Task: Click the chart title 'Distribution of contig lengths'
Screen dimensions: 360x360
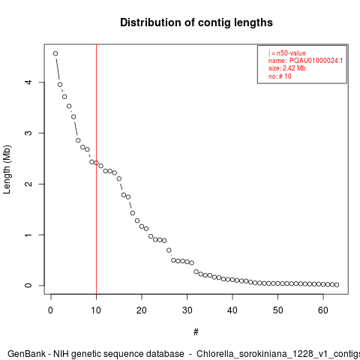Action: (196, 22)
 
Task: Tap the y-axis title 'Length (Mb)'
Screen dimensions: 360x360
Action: (7, 169)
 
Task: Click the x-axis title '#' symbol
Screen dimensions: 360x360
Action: (196, 332)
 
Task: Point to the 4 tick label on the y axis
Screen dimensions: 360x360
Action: (28, 82)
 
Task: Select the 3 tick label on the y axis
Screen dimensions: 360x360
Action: (28, 133)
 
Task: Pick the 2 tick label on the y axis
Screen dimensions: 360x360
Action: (28, 184)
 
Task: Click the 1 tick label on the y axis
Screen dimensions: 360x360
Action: (28, 235)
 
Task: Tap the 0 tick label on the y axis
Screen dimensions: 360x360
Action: (28, 286)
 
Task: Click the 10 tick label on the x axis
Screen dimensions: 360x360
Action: (96, 310)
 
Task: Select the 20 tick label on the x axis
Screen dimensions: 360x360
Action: (142, 310)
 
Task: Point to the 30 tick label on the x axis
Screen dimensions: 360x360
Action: (187, 310)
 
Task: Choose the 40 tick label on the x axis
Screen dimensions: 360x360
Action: (232, 310)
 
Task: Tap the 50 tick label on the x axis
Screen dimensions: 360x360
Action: (277, 310)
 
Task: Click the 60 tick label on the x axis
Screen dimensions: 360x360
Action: (323, 310)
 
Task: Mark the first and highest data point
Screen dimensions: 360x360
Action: (55, 53)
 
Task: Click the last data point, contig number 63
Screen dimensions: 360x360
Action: (337, 285)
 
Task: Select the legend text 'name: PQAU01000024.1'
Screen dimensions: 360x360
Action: (305, 61)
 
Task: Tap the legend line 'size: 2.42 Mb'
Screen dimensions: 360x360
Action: (287, 68)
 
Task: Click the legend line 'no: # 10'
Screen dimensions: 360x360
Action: (280, 76)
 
